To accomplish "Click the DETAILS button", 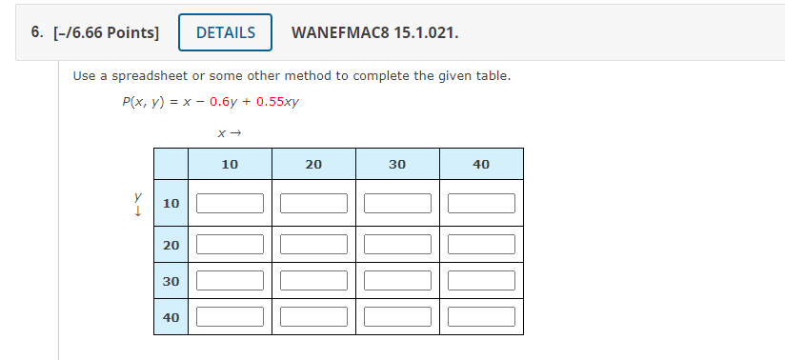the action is [x=226, y=32].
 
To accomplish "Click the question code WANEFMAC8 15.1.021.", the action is [x=374, y=32].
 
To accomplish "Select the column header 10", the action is [x=230, y=165].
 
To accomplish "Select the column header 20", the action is [x=313, y=165].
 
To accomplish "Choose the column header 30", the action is [x=397, y=165].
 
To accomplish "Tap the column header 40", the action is [x=481, y=165].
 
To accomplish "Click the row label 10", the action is [x=171, y=203].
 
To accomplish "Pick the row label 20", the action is [x=171, y=245].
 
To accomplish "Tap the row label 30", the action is [x=171, y=281].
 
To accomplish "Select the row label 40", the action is [x=171, y=317].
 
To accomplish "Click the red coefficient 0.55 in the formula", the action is [x=271, y=102].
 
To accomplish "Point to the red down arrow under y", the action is [x=138, y=211].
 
